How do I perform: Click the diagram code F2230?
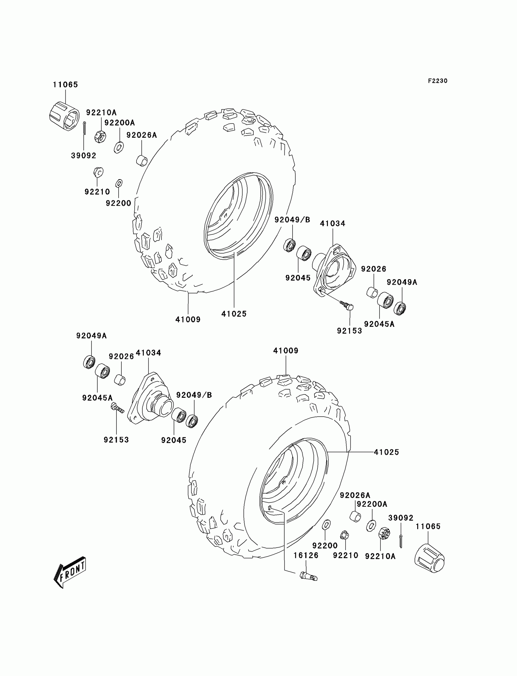(437, 81)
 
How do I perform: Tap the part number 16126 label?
(306, 555)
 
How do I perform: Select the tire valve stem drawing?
(308, 576)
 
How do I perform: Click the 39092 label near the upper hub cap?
(83, 156)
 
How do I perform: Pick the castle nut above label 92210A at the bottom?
(384, 533)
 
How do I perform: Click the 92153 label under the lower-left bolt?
(116, 440)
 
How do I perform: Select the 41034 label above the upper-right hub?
(332, 224)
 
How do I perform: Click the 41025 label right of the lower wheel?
(386, 452)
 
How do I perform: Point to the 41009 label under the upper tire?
(188, 320)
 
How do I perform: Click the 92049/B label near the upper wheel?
(292, 220)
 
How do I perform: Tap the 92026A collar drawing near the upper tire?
(142, 161)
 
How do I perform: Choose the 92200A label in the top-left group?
(120, 123)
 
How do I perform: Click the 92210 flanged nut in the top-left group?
(98, 172)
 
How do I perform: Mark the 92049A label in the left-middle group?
(92, 336)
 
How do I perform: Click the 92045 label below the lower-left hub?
(174, 440)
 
